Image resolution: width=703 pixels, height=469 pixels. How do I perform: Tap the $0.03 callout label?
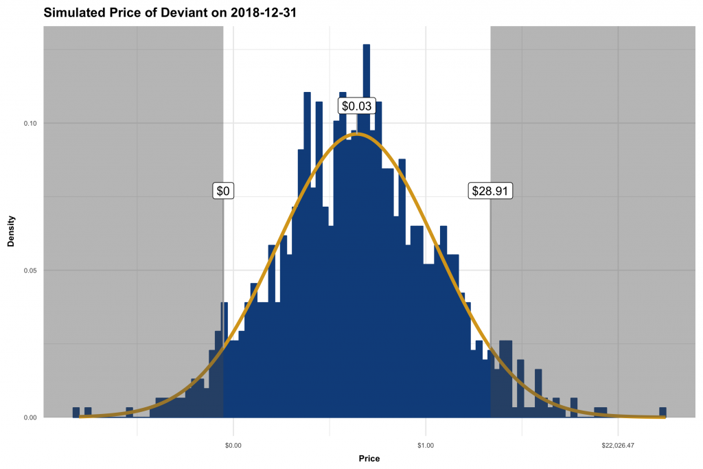coord(357,106)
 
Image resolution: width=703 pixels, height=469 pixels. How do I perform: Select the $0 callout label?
coord(223,191)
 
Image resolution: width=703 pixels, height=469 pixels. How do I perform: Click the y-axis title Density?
coord(11,231)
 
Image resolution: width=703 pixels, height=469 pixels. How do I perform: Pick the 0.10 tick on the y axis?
coord(30,124)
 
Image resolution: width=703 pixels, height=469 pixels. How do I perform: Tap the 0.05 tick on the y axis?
coord(30,271)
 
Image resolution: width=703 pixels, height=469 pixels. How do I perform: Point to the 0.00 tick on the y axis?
coord(30,417)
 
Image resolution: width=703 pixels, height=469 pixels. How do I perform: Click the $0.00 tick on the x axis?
coord(233,445)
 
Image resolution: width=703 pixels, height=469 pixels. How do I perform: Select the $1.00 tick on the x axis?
coord(426,445)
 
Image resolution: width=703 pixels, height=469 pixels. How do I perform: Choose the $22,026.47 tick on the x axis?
coord(618,445)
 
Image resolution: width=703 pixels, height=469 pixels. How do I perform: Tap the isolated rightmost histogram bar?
coord(662,413)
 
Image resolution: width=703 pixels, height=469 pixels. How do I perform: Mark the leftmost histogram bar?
coord(76,413)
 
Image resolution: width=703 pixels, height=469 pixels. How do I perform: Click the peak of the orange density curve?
coord(356,134)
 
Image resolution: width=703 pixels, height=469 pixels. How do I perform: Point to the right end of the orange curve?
coord(664,417)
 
